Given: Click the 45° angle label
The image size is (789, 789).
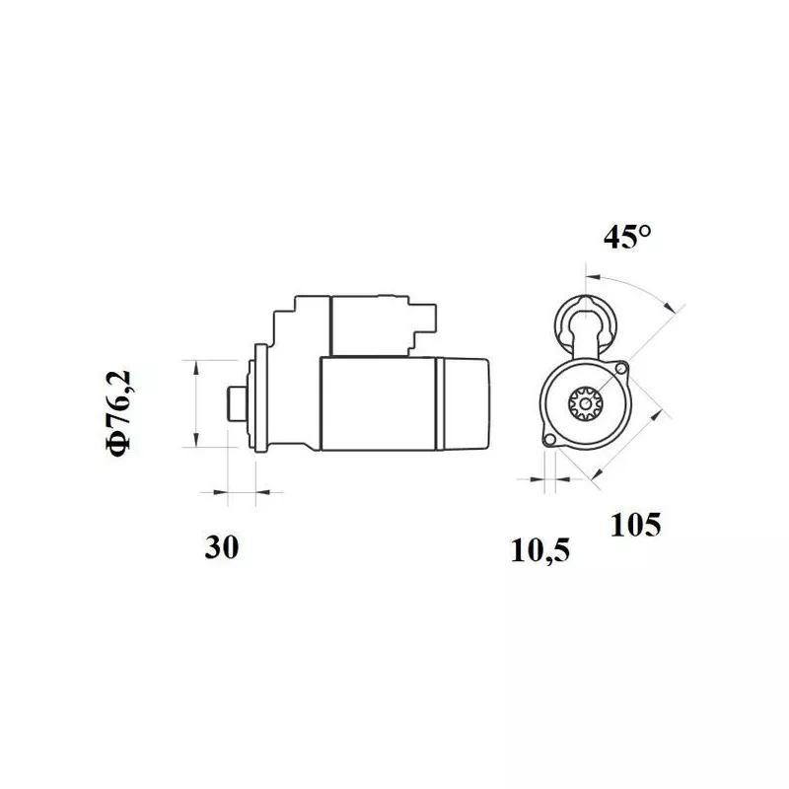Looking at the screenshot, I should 627,239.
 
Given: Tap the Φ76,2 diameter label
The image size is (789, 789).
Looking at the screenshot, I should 120,412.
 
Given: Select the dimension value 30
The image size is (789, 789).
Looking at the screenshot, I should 222,548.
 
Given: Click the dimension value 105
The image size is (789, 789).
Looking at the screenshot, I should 635,525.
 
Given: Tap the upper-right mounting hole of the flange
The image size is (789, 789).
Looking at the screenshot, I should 620,369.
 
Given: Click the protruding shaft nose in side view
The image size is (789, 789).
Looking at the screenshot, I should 237,403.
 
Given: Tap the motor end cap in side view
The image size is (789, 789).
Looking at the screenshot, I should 469,404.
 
